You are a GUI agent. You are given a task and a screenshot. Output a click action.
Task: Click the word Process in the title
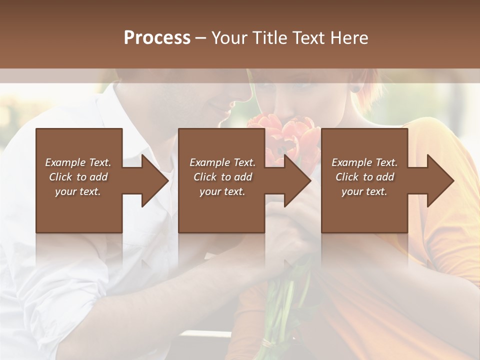coord(157,38)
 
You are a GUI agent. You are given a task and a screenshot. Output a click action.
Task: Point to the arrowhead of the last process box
coord(440,180)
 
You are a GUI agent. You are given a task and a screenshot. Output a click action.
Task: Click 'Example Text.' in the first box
coord(78,162)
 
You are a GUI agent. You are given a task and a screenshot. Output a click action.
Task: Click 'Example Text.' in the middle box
coord(222,162)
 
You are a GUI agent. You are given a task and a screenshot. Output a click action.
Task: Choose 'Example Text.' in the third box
coord(364,162)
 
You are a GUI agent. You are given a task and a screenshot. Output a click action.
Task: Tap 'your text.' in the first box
coord(78,191)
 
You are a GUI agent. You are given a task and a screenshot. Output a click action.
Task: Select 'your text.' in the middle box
coord(222,191)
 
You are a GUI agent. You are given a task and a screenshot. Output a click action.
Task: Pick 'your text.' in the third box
coord(364,191)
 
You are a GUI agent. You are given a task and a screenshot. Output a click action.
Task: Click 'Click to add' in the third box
coord(364,177)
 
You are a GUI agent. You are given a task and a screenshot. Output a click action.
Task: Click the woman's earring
coord(355,89)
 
